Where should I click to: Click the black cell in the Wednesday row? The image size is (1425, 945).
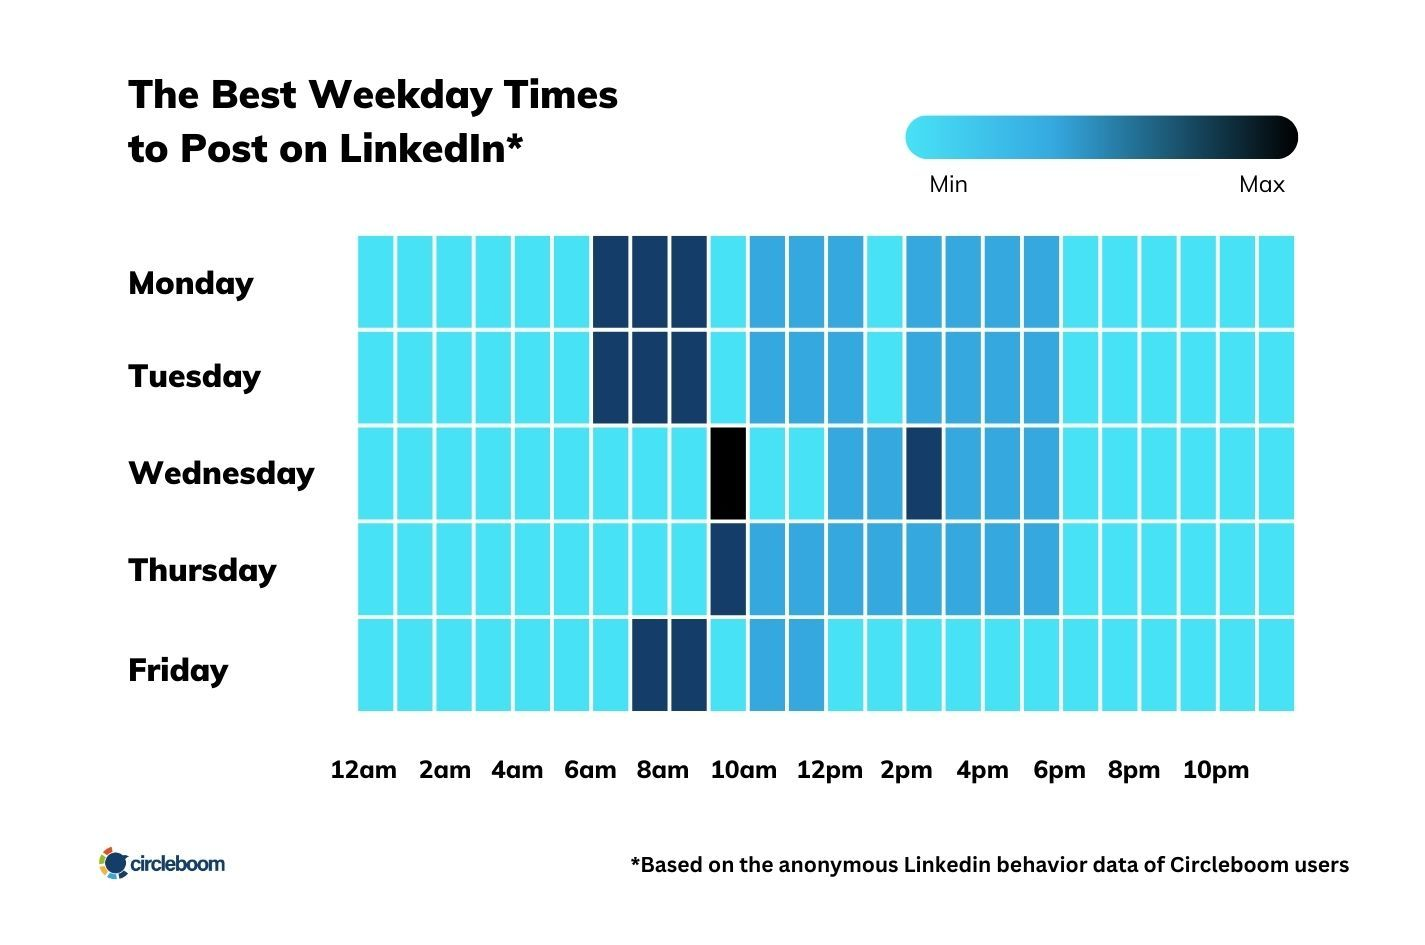click(x=728, y=473)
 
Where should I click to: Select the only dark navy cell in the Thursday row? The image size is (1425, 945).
click(x=728, y=568)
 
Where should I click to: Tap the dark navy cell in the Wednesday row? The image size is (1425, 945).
click(x=924, y=473)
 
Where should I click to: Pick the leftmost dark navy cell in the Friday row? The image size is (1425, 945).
click(x=650, y=664)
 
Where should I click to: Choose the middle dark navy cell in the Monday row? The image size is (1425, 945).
click(x=650, y=282)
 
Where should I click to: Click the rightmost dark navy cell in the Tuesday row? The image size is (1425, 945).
click(x=689, y=377)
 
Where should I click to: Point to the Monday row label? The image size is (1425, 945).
click(x=191, y=283)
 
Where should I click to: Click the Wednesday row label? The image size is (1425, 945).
click(x=221, y=473)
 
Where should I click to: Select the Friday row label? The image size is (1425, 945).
click(x=178, y=669)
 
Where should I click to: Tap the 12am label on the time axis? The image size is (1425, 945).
click(x=363, y=770)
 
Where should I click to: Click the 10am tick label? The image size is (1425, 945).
click(x=743, y=770)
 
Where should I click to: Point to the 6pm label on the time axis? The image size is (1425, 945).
click(x=1059, y=770)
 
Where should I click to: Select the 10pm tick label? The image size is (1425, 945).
click(x=1215, y=770)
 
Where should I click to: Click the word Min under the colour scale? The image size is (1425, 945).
click(x=948, y=184)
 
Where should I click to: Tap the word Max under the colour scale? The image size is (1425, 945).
click(x=1261, y=184)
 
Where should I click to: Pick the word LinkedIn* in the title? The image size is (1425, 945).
click(x=430, y=149)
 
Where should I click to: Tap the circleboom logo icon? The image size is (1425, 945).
click(x=114, y=863)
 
